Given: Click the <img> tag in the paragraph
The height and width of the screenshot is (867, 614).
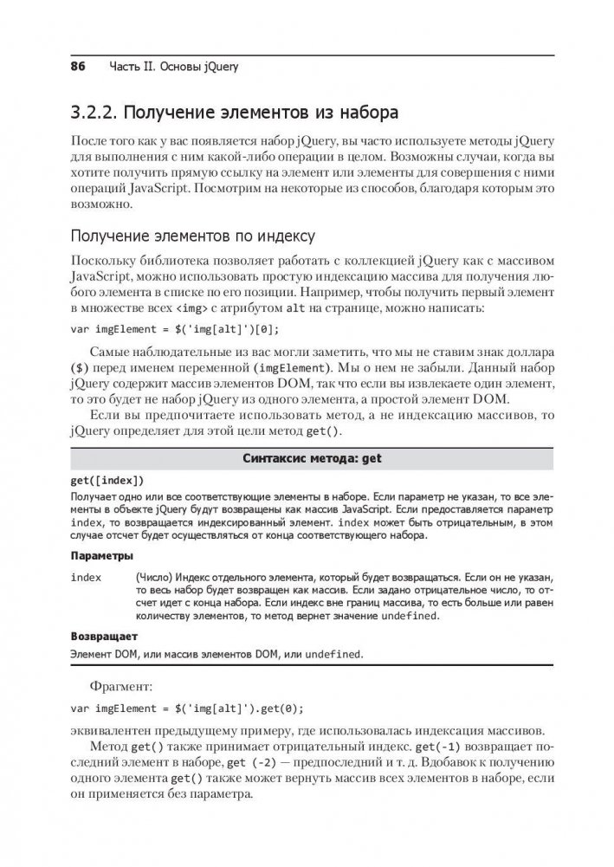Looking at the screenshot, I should click(x=191, y=309).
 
